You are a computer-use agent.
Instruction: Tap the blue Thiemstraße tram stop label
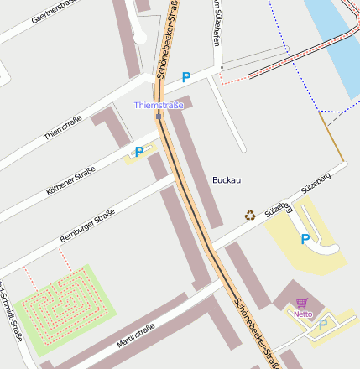pos(159,105)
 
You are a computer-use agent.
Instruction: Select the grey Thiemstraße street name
pos(62,128)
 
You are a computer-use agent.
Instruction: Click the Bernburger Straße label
pos(87,227)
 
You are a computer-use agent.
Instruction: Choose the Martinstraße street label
pos(136,336)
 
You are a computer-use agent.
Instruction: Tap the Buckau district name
pos(227,180)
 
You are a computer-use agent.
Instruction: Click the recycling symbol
pos(250,216)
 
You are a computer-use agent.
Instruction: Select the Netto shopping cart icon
pos(302,303)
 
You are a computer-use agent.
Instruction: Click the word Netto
pos(302,314)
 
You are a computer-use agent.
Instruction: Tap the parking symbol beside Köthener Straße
pos(139,152)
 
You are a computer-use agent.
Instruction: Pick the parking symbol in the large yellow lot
pos(305,240)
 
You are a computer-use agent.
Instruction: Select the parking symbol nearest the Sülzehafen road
pos(186,77)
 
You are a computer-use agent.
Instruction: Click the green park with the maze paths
pos(63,306)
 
